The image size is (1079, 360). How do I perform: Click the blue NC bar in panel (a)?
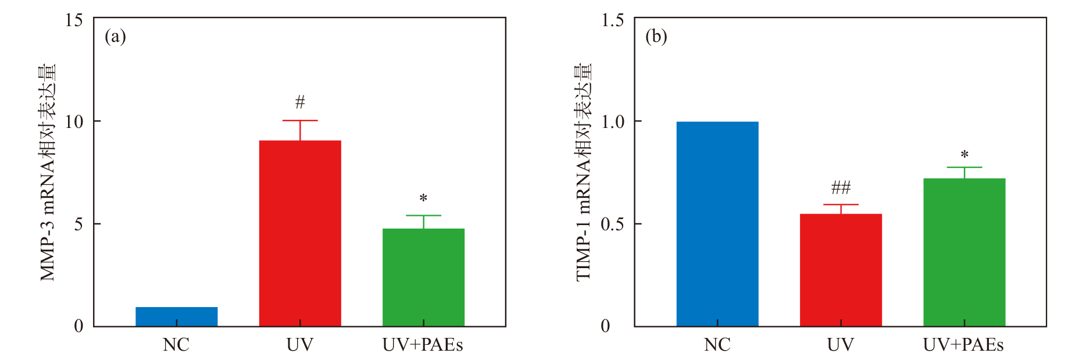click(x=176, y=316)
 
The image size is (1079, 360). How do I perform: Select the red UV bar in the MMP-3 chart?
click(x=300, y=233)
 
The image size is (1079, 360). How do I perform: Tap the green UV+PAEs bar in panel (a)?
click(x=423, y=277)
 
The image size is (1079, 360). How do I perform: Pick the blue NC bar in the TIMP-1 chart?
click(x=717, y=224)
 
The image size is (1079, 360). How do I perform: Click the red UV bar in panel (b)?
click(x=841, y=270)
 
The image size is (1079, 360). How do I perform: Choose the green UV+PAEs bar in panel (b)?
click(x=964, y=252)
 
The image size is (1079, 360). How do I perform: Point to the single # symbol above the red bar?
click(x=300, y=102)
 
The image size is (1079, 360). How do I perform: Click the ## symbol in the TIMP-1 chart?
click(x=841, y=187)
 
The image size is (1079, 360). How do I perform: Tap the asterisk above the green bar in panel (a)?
click(x=423, y=199)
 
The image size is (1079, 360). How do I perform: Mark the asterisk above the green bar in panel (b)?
click(x=964, y=155)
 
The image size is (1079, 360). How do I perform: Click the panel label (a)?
click(x=115, y=37)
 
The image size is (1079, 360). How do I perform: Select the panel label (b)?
click(x=656, y=37)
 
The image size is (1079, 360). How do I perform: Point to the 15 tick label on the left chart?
click(x=74, y=20)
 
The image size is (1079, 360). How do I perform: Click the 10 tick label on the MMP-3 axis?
click(x=74, y=122)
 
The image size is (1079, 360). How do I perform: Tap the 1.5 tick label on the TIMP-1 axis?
click(x=612, y=20)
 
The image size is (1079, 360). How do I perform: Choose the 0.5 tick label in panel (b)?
click(x=612, y=224)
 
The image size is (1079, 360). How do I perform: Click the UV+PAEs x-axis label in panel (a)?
click(x=423, y=345)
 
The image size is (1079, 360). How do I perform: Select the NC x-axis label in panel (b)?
click(x=717, y=345)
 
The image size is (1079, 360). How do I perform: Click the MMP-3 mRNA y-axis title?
click(x=48, y=172)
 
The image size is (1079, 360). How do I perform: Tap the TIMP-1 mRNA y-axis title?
click(x=583, y=172)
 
